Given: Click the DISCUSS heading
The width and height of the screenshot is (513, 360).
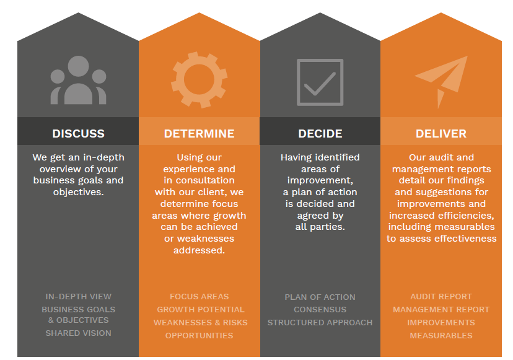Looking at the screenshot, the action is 79,133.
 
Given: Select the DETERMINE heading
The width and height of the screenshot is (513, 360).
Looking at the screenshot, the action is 199,133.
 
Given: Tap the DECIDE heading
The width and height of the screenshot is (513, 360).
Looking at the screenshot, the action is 320,133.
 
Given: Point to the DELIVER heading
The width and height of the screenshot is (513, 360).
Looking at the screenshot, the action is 441,133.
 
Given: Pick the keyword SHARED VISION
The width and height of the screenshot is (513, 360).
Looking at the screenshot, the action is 79,333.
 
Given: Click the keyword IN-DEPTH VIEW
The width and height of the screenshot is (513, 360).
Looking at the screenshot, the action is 79,297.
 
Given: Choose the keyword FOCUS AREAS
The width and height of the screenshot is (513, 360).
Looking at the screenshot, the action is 199,297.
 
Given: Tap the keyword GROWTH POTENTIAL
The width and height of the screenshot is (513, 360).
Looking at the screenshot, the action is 201,310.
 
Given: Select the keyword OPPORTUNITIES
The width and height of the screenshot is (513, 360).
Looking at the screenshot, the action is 199,335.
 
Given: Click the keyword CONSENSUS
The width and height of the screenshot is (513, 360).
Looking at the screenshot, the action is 320,310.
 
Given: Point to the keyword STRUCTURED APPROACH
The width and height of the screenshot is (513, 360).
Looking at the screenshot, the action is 320,323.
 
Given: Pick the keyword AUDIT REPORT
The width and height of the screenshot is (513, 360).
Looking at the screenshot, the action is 441,297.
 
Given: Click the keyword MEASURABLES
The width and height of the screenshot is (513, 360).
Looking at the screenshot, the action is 441,335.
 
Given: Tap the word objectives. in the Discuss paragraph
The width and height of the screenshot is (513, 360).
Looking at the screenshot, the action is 79,192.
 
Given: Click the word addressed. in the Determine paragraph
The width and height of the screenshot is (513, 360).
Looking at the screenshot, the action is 199,250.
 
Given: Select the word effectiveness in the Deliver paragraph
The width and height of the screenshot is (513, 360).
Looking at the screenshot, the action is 465,239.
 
